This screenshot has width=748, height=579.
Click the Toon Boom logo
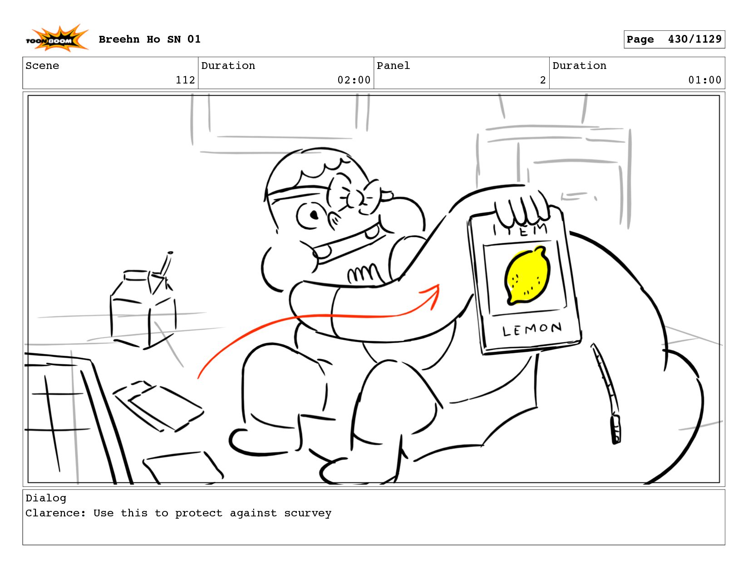point(57,38)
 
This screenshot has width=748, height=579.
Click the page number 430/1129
point(694,39)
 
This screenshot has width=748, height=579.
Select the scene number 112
point(185,80)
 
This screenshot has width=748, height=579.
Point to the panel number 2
point(543,80)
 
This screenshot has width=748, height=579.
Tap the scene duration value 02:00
point(354,80)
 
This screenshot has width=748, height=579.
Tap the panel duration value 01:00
point(704,80)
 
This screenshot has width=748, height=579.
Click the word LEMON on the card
point(531,329)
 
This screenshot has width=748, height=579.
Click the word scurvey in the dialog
point(307,513)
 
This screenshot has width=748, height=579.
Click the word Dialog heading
point(46,498)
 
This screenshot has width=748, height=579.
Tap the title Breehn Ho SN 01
point(149,39)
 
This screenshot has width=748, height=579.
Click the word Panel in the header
point(393,65)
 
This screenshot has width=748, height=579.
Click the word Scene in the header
point(42,65)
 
